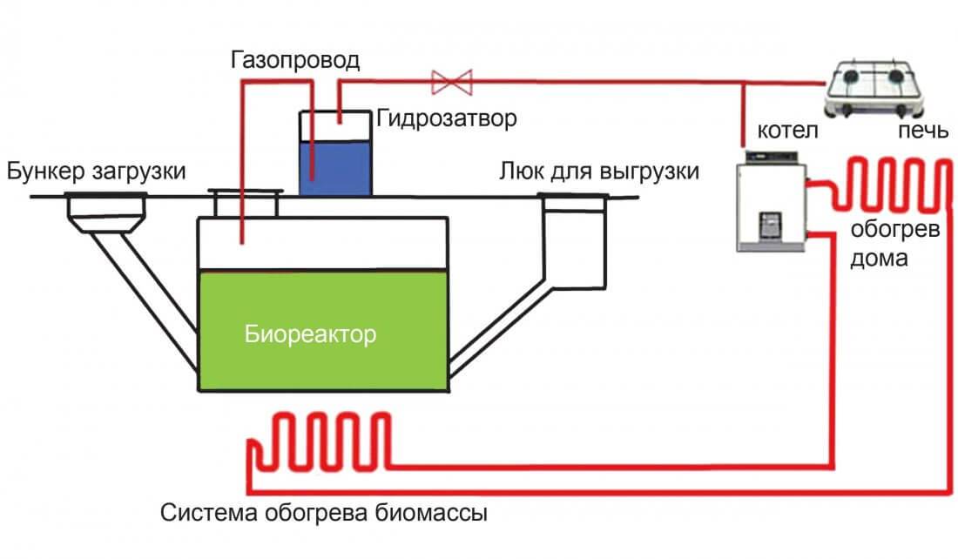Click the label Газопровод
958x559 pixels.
pyautogui.click(x=295, y=62)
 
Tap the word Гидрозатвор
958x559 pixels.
pyautogui.click(x=446, y=118)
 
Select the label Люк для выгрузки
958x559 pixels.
pyautogui.click(x=599, y=171)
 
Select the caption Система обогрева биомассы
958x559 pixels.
pyautogui.click(x=323, y=512)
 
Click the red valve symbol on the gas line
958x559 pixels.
pyautogui.click(x=451, y=83)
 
